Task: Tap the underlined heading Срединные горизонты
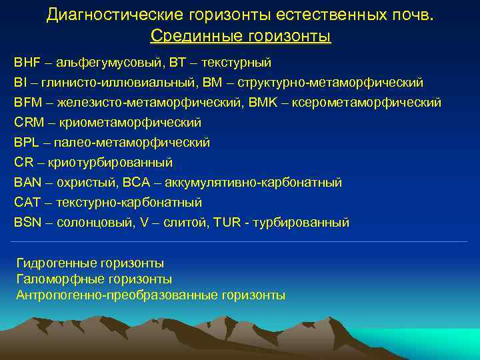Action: point(240,35)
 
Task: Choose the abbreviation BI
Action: point(20,83)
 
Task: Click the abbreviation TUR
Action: point(227,223)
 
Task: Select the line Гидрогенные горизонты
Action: point(90,264)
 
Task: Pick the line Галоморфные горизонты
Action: point(94,279)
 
